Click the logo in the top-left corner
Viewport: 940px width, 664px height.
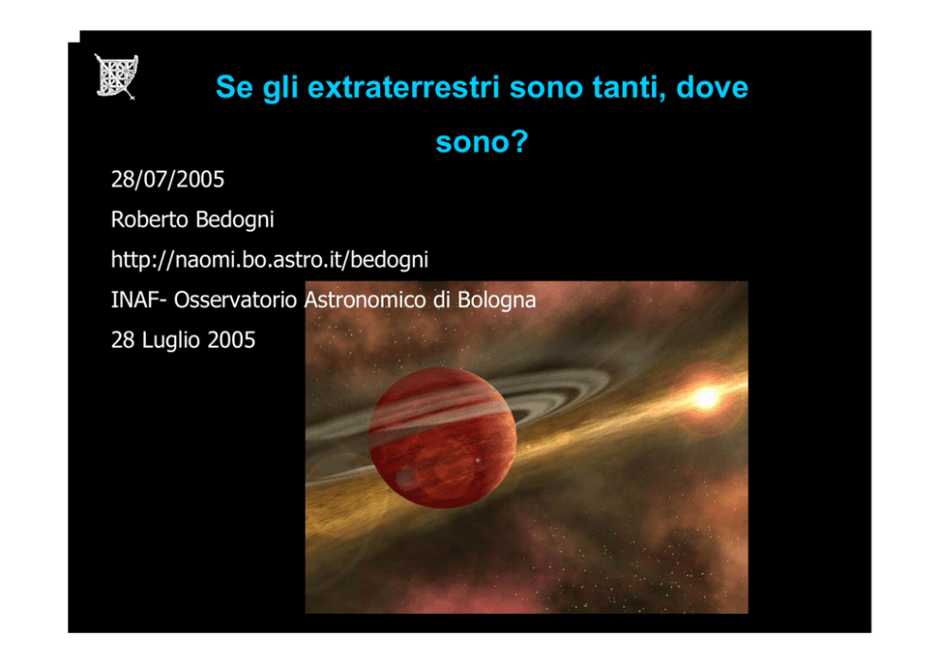tap(117, 76)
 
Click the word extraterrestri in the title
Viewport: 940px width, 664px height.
tap(404, 87)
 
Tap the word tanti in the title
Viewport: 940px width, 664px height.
tap(629, 87)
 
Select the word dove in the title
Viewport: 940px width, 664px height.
tap(713, 87)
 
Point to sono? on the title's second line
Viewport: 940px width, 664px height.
tap(482, 142)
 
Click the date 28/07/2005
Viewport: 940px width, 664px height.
tap(168, 179)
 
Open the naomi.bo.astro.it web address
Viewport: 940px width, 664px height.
tap(270, 260)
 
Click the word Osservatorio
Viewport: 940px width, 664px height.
tap(236, 299)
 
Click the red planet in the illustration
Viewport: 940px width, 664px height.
tap(443, 438)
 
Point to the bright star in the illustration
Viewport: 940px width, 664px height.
tap(707, 397)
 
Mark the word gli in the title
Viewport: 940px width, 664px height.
tap(280, 88)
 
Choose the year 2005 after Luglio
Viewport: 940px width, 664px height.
tap(231, 340)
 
